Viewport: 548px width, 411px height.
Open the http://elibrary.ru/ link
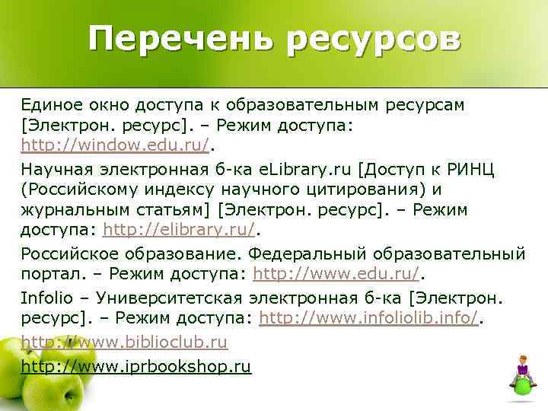pyautogui.click(x=180, y=231)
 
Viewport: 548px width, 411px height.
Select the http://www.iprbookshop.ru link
pyautogui.click(x=135, y=367)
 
